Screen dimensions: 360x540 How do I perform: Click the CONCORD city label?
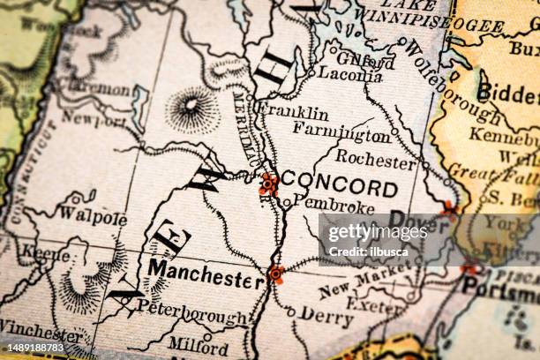pyautogui.click(x=343, y=187)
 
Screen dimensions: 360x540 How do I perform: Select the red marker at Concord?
pyautogui.click(x=268, y=184)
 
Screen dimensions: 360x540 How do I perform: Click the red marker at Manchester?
pyautogui.click(x=276, y=274)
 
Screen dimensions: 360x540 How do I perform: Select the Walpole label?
pyautogui.click(x=93, y=216)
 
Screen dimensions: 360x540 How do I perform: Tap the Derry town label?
pyautogui.click(x=326, y=315)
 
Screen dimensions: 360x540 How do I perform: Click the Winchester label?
pyautogui.click(x=41, y=334)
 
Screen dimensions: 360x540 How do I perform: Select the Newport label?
pyautogui.click(x=93, y=120)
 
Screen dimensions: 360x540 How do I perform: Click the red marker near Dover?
pyautogui.click(x=449, y=209)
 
